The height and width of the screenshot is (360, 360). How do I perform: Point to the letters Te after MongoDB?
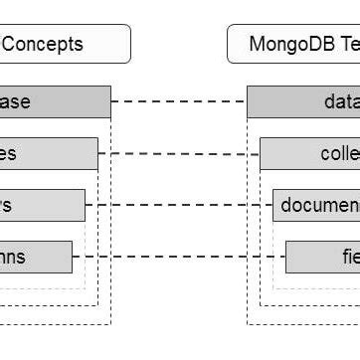[347, 44]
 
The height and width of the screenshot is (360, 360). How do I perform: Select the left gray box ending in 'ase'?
[50, 101]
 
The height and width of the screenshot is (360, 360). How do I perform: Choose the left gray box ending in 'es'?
[45, 153]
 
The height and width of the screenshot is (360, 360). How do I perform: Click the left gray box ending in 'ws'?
[40, 205]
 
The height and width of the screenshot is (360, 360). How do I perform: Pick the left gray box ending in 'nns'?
[35, 257]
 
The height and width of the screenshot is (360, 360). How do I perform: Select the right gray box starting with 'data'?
[303, 101]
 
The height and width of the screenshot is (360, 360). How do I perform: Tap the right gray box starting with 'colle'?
[310, 153]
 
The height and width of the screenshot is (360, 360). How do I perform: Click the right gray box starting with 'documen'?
[316, 205]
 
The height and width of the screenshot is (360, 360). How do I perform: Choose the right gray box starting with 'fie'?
[323, 257]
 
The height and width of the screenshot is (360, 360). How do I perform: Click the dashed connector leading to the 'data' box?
[179, 101]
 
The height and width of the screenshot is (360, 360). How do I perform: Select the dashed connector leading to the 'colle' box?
[179, 153]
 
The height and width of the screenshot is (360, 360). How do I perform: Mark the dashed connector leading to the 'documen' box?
[179, 205]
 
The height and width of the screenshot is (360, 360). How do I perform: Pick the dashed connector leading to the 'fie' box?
[179, 257]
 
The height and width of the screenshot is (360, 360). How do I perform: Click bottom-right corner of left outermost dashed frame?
[111, 323]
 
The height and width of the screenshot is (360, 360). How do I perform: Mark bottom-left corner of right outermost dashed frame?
[248, 323]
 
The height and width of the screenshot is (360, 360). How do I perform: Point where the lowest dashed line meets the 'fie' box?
[285, 257]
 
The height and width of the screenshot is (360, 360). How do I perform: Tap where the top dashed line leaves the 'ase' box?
[111, 101]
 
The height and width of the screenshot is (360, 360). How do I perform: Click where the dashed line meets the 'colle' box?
[260, 153]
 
